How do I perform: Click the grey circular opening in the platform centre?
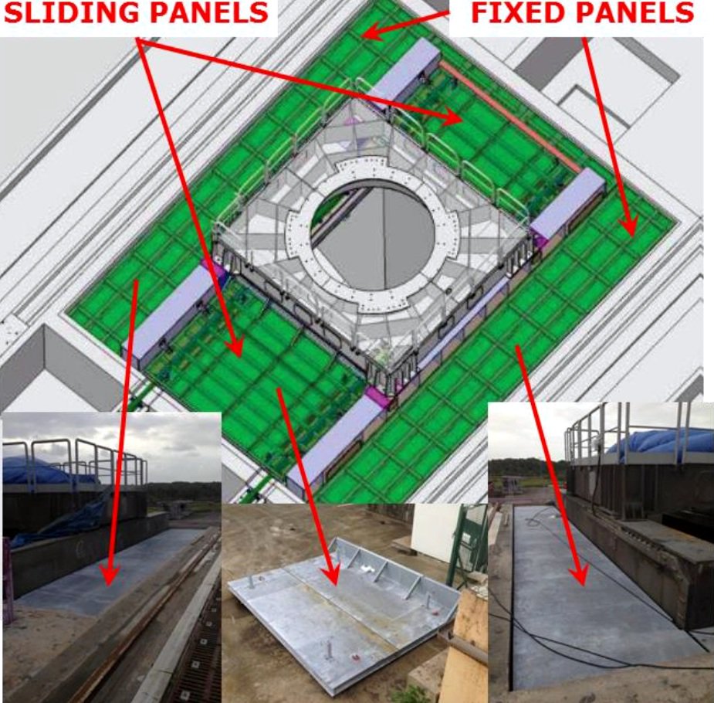(x=374, y=237)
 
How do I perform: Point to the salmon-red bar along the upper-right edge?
(x=510, y=116)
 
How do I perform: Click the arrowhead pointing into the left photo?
(x=110, y=576)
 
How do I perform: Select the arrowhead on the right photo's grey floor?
(x=580, y=575)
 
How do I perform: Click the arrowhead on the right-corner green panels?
(x=630, y=226)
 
